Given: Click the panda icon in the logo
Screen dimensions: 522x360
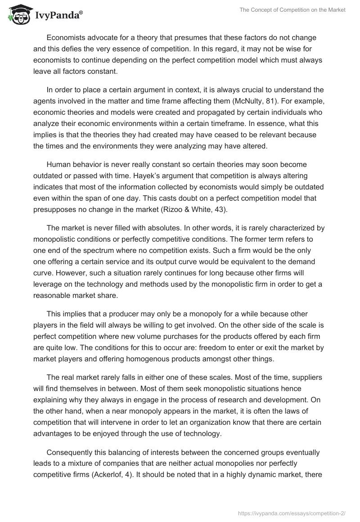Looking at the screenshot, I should [x=17, y=15].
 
